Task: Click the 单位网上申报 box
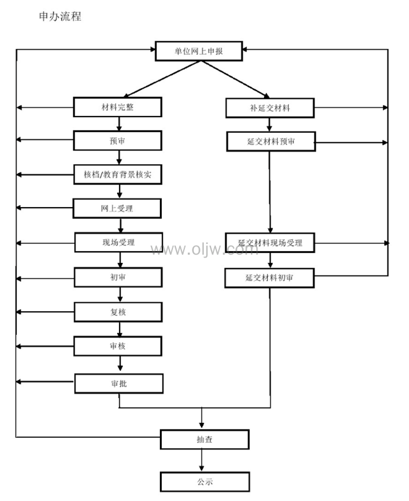tap(199, 51)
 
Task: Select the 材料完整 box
tap(118, 107)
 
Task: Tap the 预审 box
tap(118, 141)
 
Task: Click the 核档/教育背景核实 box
tap(118, 174)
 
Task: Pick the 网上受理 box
tap(118, 208)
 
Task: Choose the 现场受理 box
tap(118, 242)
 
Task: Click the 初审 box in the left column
tap(118, 277)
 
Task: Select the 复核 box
tap(118, 312)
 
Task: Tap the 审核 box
tap(118, 346)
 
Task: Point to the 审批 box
tap(118, 383)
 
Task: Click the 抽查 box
tap(204, 440)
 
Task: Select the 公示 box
tap(204, 481)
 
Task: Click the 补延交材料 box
tap(270, 108)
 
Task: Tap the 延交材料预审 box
tap(270, 142)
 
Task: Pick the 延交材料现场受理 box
tap(270, 243)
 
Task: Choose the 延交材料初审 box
tap(269, 278)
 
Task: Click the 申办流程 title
tap(60, 17)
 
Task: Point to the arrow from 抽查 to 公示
tap(203, 461)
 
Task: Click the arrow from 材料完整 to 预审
tap(119, 124)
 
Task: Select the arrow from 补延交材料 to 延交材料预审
tap(270, 125)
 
